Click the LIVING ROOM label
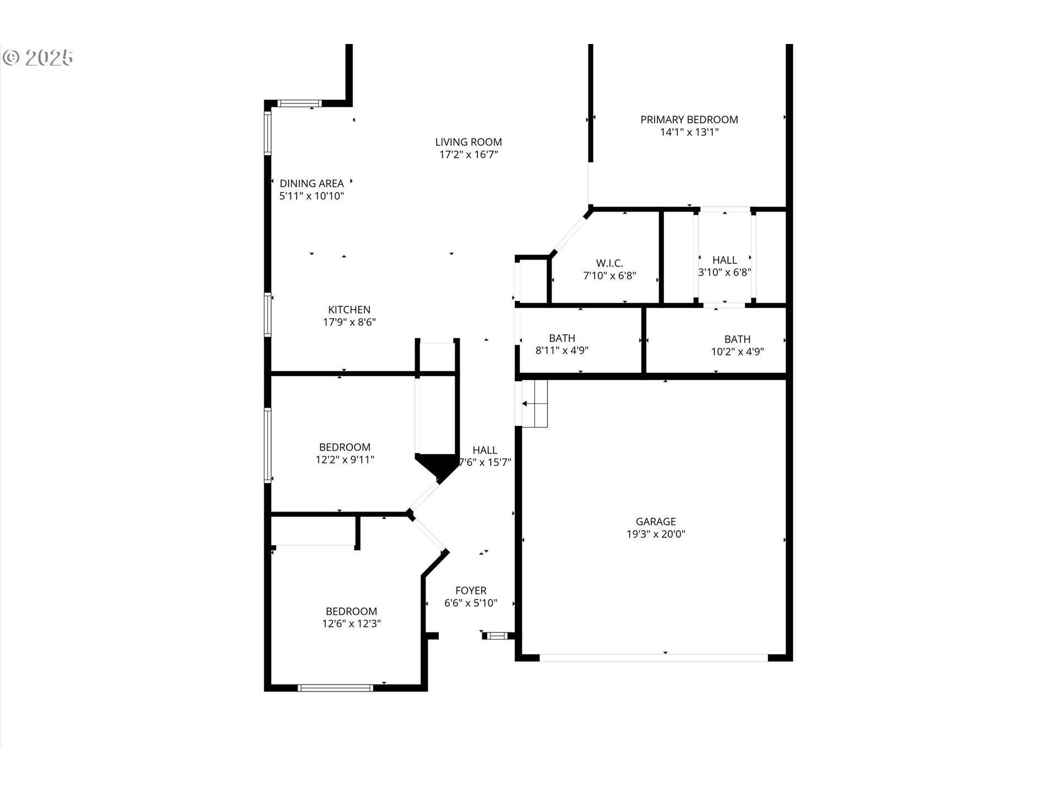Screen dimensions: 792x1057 click(x=468, y=142)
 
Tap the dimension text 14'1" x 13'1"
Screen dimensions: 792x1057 click(x=689, y=132)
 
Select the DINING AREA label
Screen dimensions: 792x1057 click(x=312, y=183)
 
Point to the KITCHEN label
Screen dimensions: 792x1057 click(x=349, y=310)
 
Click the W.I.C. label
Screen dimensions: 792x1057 click(x=609, y=263)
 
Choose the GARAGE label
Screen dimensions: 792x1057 click(x=655, y=521)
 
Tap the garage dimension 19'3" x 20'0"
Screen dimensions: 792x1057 click(x=655, y=534)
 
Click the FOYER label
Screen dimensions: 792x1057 click(x=471, y=590)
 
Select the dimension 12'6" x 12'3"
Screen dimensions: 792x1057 click(x=351, y=624)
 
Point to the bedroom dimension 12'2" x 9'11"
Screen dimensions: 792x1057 click(x=345, y=460)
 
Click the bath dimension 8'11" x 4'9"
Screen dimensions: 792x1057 click(x=562, y=350)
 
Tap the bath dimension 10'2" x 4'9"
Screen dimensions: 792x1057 click(x=737, y=352)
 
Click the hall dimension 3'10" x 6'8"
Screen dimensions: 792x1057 click(x=724, y=272)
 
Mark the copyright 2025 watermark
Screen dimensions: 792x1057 click(x=38, y=57)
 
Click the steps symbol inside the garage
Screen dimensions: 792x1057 click(x=535, y=404)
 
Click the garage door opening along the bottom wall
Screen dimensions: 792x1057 click(x=653, y=657)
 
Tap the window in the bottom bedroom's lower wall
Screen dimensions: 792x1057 click(x=335, y=687)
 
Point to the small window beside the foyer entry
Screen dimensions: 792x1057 click(x=497, y=636)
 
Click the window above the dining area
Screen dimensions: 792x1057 click(x=299, y=103)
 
